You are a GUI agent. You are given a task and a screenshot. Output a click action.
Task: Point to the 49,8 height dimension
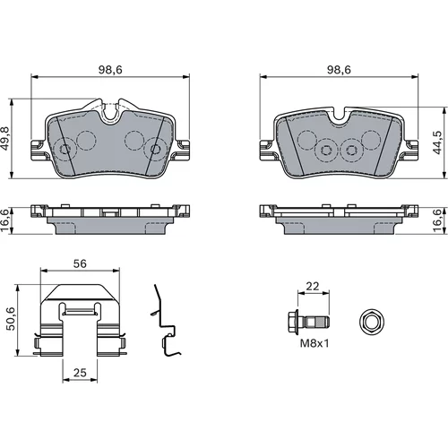click(x=5, y=139)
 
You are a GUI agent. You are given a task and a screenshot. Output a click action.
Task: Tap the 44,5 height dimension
click(x=437, y=142)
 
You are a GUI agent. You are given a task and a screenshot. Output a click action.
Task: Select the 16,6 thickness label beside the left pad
click(x=5, y=220)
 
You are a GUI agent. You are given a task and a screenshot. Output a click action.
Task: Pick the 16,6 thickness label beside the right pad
click(x=437, y=220)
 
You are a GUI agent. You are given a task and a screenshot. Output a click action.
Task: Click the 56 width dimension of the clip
click(x=80, y=263)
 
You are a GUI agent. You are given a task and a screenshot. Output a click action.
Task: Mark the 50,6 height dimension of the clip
click(x=11, y=319)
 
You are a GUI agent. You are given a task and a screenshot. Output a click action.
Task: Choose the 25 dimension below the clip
click(x=80, y=373)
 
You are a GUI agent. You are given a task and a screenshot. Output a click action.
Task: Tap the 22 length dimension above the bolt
click(x=313, y=286)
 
